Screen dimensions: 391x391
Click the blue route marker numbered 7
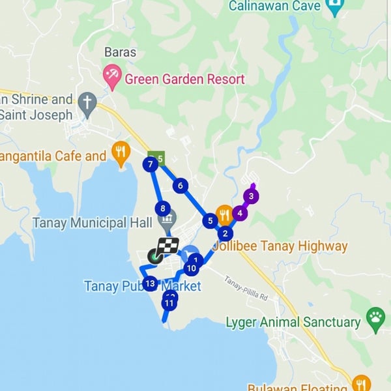point(151,164)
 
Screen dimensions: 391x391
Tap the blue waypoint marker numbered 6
point(180,186)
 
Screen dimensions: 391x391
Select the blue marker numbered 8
point(162,209)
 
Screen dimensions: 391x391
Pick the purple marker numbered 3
point(251,195)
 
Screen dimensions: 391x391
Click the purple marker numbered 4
point(240,212)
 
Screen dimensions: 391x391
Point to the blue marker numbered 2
point(225,233)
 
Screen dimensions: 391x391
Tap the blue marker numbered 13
point(151,283)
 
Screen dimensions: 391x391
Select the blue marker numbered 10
point(191,268)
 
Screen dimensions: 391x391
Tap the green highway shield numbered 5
point(160,158)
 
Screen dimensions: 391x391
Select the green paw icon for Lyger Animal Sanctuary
point(375,319)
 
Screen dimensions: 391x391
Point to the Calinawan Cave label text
point(274,7)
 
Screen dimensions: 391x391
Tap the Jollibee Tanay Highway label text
point(280,246)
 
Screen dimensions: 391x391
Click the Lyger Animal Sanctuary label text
point(293,322)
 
